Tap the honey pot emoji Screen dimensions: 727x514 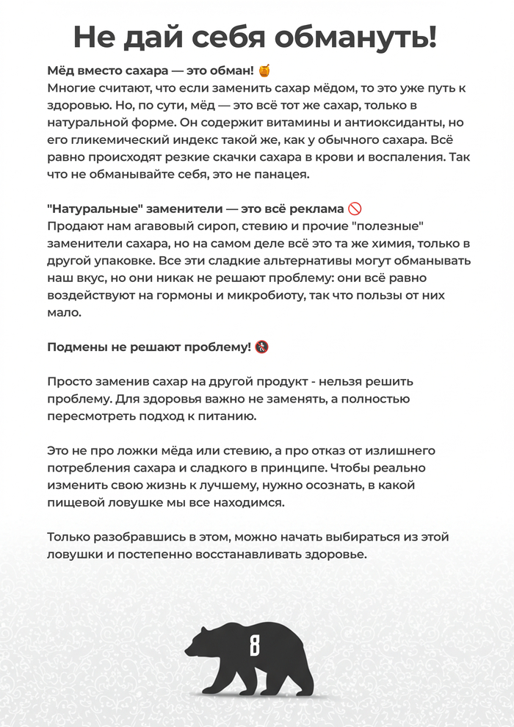[x=265, y=71]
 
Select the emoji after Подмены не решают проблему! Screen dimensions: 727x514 [x=262, y=347]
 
